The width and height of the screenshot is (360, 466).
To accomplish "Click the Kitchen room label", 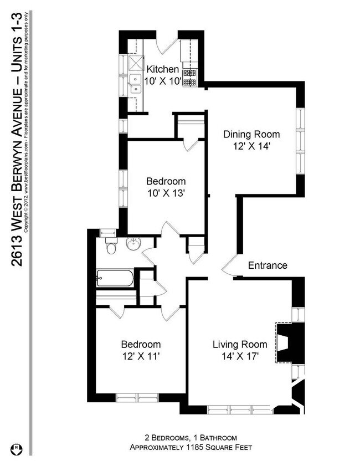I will (x=162, y=69).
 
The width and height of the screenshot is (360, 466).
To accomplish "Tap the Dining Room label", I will (x=251, y=134).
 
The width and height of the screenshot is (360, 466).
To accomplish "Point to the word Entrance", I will (x=267, y=265).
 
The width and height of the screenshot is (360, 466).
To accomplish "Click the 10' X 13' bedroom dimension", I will (x=166, y=193).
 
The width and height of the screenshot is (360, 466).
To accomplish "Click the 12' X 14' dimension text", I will (x=251, y=146).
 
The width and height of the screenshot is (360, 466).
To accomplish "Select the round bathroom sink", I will (x=133, y=244).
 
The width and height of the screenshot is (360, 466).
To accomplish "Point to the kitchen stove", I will (x=191, y=78).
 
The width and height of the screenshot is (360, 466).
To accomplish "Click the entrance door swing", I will (x=229, y=267).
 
